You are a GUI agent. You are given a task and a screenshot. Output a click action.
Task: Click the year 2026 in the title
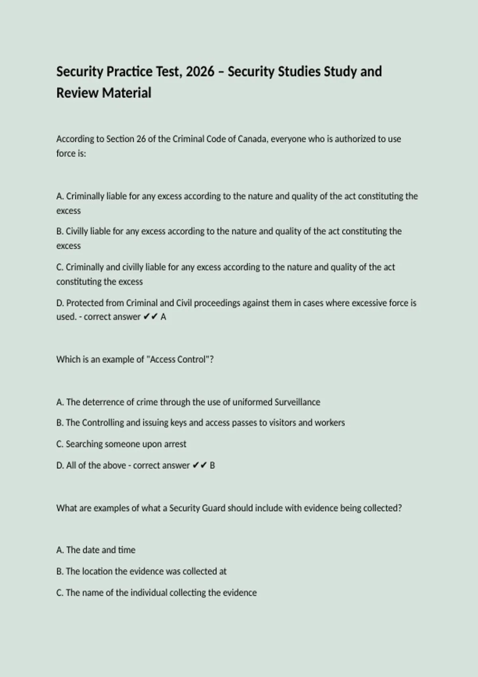click(x=200, y=72)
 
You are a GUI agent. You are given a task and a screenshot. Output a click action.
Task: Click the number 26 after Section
click(x=141, y=139)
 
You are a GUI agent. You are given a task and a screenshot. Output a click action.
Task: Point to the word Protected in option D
click(x=84, y=303)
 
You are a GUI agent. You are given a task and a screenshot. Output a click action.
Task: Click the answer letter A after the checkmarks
click(x=163, y=317)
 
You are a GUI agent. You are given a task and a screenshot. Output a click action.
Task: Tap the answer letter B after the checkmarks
click(x=212, y=466)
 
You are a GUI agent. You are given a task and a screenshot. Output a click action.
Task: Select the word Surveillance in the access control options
click(x=297, y=402)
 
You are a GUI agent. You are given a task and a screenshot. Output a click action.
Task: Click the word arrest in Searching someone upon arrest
click(x=175, y=444)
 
